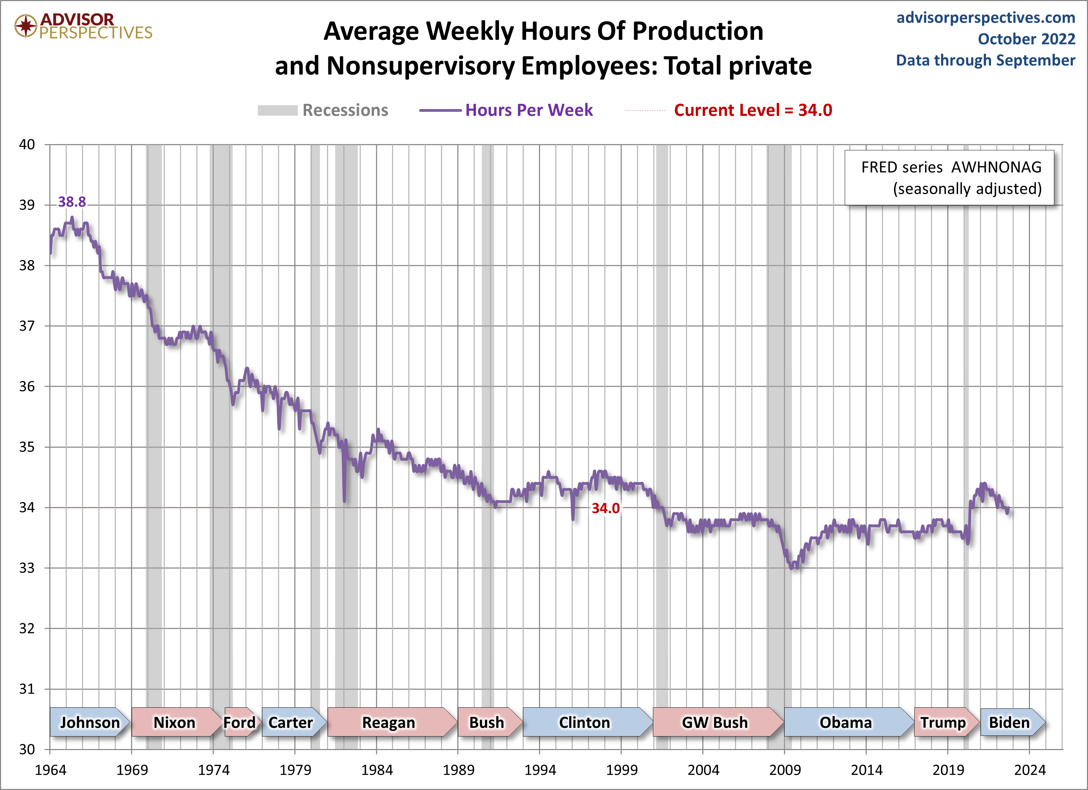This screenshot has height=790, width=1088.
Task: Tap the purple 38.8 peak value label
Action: tap(72, 202)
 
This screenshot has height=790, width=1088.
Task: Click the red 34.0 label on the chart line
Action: tap(605, 508)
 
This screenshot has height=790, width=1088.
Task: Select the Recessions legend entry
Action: tap(322, 110)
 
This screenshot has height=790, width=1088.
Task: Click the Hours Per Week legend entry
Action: tap(506, 110)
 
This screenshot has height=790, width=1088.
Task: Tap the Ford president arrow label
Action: tap(239, 722)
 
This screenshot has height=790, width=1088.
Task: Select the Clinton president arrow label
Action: tap(584, 722)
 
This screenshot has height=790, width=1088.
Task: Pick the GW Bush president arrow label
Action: tap(715, 722)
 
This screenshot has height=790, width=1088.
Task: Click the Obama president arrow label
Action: tap(845, 722)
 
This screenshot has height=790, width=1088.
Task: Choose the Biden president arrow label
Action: tap(1009, 722)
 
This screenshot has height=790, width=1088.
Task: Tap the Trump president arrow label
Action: tap(943, 722)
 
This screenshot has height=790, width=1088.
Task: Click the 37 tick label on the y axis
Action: tap(27, 326)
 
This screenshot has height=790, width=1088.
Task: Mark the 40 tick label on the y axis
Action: tap(27, 144)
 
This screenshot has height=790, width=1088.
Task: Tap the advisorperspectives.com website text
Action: tap(985, 18)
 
